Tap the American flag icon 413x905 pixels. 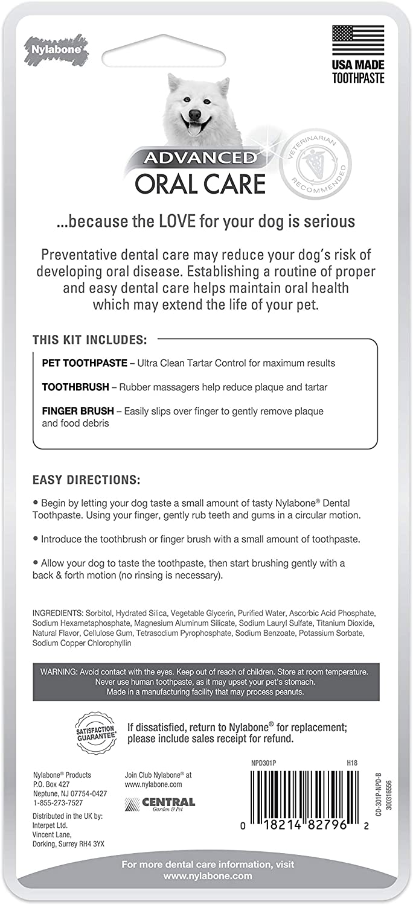[x=358, y=40]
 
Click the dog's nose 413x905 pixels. [x=195, y=114]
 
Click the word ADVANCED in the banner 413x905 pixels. [x=199, y=158]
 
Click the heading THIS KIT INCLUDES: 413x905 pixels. [x=89, y=340]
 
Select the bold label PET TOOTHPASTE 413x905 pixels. [x=85, y=363]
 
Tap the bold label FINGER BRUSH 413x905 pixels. [x=78, y=411]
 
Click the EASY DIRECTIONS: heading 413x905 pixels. [x=86, y=480]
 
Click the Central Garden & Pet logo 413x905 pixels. [x=160, y=803]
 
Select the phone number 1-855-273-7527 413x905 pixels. [x=59, y=803]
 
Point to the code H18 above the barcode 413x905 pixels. [x=352, y=763]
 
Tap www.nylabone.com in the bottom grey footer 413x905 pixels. [x=207, y=876]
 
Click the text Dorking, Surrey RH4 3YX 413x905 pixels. [x=68, y=844]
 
